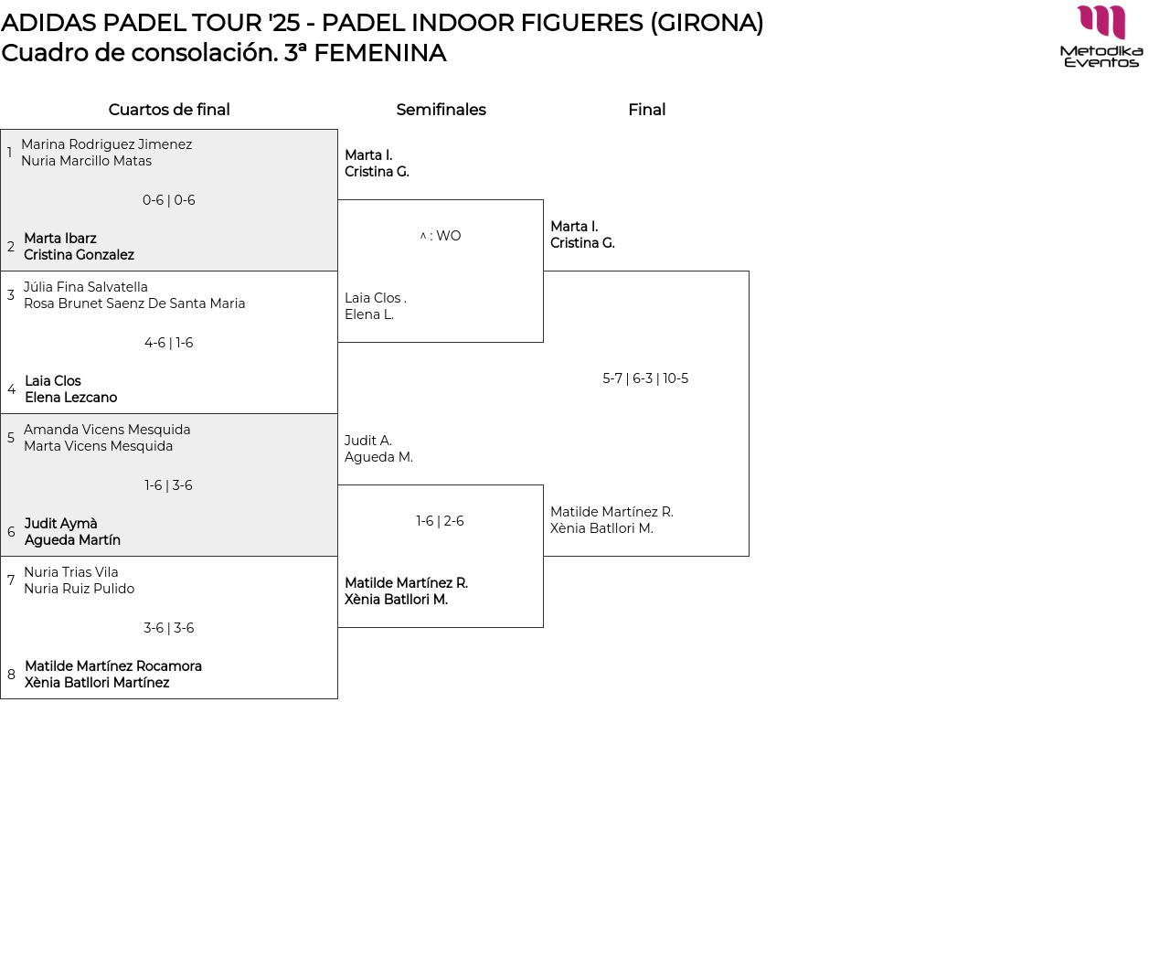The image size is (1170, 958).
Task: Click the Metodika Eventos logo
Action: [1101, 37]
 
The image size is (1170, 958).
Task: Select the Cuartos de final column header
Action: [169, 110]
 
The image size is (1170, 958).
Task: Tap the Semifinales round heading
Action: [441, 110]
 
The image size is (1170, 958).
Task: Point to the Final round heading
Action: [646, 110]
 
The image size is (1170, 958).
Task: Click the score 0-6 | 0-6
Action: [169, 200]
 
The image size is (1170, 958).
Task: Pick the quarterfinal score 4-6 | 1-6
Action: [169, 343]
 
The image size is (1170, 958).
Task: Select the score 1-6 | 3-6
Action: [169, 485]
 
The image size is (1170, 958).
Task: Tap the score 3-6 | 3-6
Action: [169, 628]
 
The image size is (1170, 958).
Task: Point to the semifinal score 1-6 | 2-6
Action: [440, 521]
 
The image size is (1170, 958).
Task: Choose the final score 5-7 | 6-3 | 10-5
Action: [645, 378]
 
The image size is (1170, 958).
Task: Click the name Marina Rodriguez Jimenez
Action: [106, 144]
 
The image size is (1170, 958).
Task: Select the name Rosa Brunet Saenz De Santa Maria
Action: [134, 303]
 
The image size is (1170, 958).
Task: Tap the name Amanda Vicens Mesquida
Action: [107, 430]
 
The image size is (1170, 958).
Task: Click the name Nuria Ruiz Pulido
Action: [79, 589]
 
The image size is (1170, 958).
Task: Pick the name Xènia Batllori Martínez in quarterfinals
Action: [97, 683]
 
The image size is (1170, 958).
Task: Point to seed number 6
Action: [11, 532]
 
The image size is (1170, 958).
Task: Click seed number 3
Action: [11, 295]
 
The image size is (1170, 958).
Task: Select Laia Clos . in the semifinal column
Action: [375, 298]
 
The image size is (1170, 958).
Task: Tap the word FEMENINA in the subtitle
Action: [379, 53]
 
